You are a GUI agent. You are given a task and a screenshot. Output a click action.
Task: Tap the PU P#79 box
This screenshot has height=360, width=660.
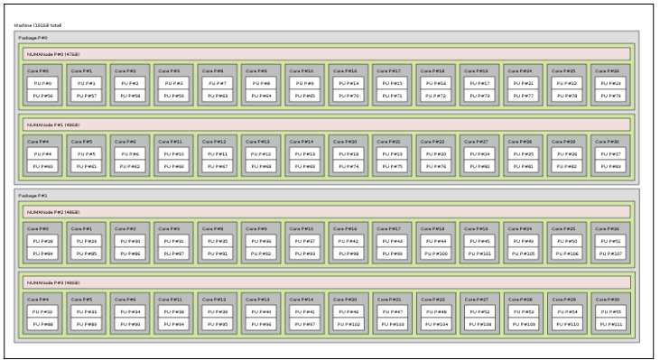[x=612, y=95]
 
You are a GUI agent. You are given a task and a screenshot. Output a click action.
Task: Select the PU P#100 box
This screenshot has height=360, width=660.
[x=435, y=253]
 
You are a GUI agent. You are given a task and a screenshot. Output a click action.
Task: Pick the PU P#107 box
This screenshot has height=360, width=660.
[x=612, y=253]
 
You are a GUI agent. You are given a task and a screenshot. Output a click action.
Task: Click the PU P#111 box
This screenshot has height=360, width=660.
[x=612, y=323]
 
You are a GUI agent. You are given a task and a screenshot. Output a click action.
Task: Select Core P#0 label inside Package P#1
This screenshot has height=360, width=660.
[x=37, y=229]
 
